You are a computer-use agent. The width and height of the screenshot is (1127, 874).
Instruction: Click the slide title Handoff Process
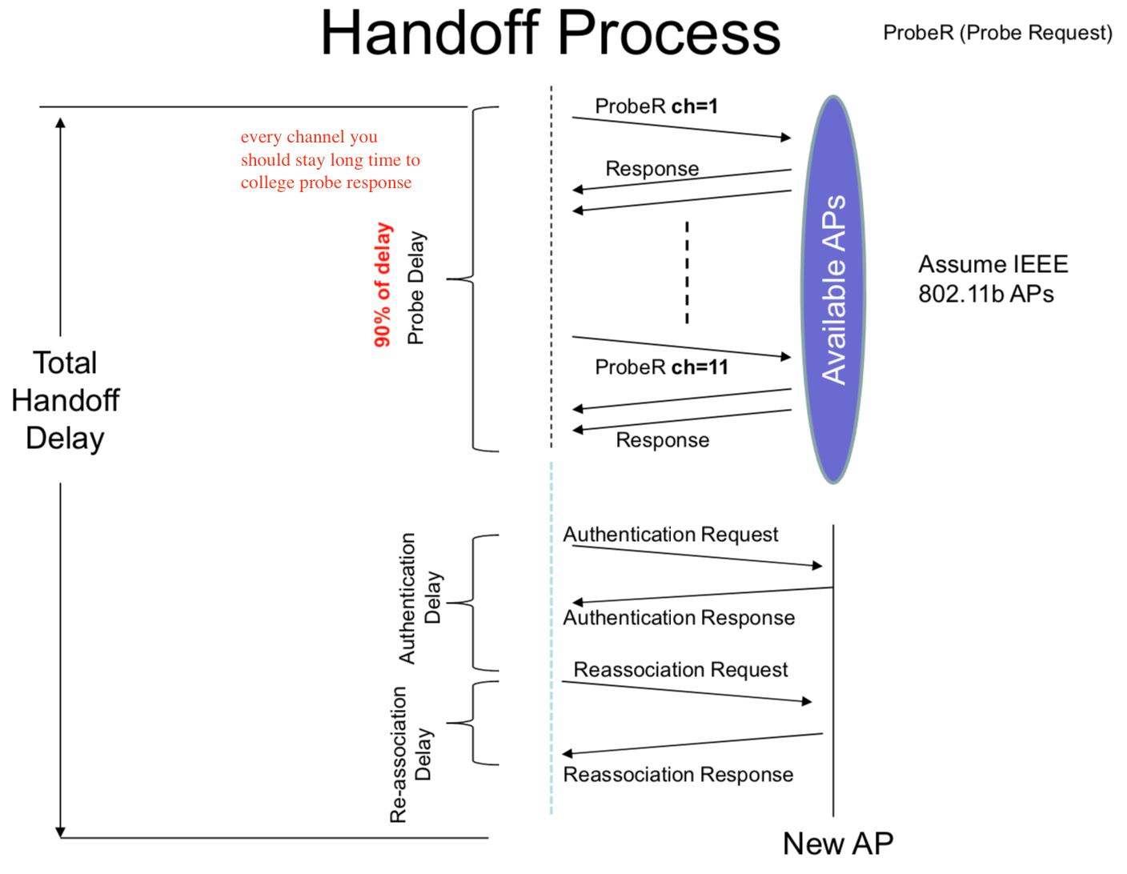[550, 33]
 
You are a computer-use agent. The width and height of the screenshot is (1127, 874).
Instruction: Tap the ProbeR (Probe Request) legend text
[997, 33]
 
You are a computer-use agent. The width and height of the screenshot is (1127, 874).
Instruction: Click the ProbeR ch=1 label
[656, 106]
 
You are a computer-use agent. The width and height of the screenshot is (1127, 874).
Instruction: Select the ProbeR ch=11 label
[661, 367]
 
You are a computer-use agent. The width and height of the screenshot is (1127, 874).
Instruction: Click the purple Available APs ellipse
[833, 290]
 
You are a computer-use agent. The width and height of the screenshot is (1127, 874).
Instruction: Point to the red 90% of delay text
[383, 285]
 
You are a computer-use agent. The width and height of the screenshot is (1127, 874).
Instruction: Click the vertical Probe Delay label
[415, 288]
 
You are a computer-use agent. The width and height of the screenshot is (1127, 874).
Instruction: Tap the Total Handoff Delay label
[65, 400]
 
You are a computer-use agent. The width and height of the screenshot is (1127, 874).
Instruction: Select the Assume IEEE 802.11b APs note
[993, 279]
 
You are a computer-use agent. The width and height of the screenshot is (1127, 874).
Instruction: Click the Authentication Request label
[670, 534]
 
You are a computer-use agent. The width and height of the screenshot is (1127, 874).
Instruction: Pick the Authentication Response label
[679, 617]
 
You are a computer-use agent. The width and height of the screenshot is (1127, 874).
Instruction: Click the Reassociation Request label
[680, 669]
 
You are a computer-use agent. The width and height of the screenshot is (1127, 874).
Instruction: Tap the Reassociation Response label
[678, 774]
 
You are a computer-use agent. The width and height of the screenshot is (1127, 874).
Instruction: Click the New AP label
[837, 843]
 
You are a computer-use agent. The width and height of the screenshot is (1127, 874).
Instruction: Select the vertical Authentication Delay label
[419, 599]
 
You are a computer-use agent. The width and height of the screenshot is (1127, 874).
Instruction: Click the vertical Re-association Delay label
[411, 754]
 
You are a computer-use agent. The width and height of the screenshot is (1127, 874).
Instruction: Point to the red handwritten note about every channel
[330, 159]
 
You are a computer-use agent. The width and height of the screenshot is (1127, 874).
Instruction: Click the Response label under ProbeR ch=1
[652, 169]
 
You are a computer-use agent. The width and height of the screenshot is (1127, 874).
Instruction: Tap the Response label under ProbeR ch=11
[662, 439]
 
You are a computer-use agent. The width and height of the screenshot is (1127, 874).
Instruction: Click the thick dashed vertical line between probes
[687, 273]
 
